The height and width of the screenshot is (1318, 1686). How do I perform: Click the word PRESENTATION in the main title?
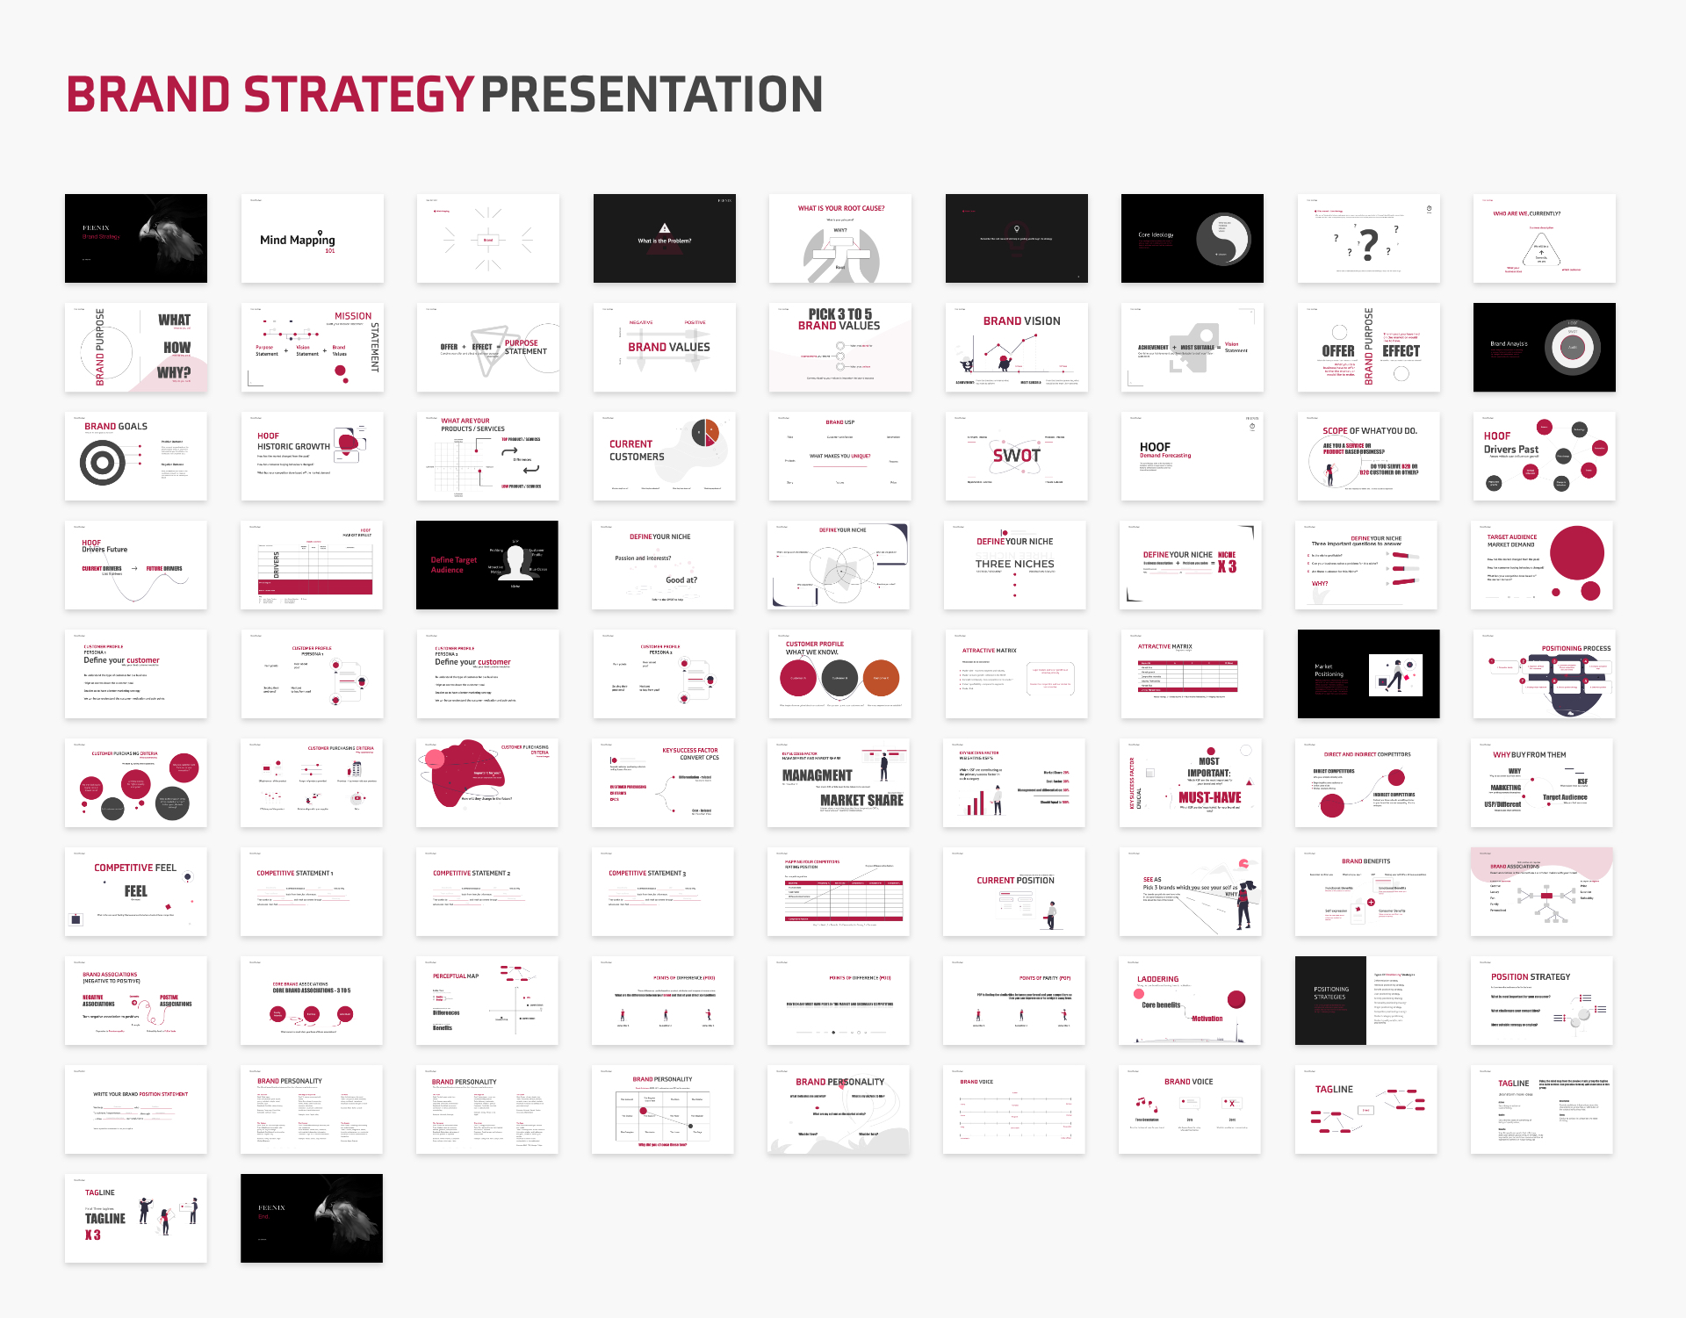[652, 95]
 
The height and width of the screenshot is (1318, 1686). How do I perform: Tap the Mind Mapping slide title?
[297, 240]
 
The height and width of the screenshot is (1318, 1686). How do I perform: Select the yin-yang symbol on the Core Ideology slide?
[1223, 239]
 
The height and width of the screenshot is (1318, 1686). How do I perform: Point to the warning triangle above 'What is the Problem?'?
[665, 228]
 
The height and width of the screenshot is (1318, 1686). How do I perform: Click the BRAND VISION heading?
[1021, 321]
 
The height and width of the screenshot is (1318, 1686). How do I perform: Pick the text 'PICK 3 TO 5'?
[839, 314]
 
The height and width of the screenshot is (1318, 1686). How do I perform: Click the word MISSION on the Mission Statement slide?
[353, 316]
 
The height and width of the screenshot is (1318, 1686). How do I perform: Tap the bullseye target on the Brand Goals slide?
[103, 462]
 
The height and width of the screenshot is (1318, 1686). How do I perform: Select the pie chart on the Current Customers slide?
[705, 433]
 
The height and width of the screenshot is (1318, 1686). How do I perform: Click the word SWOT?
[1016, 456]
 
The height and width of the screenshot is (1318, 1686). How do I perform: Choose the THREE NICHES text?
[1014, 564]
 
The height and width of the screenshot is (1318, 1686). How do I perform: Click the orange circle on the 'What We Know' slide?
[881, 678]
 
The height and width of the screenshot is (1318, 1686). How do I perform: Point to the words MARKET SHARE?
[861, 800]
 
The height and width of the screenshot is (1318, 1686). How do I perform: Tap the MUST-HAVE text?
[1209, 797]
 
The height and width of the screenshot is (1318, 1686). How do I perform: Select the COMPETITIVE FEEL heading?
[135, 868]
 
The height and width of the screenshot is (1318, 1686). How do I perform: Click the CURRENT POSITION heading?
[1015, 880]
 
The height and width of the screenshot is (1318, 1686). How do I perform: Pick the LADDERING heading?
[1157, 979]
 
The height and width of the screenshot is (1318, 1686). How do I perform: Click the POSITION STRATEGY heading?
[1530, 976]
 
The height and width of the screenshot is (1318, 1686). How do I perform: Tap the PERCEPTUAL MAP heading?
[456, 976]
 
